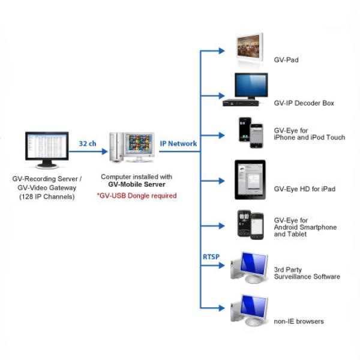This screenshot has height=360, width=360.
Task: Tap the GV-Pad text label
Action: click(x=286, y=60)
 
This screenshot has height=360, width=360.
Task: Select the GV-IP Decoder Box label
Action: click(x=304, y=103)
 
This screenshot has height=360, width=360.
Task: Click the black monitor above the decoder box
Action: click(x=251, y=86)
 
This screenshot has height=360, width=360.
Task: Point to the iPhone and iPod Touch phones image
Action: click(x=251, y=133)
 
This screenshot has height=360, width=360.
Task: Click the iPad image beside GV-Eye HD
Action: click(x=250, y=180)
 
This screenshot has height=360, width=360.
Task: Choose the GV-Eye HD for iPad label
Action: click(x=305, y=189)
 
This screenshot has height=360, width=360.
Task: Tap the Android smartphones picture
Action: click(x=250, y=225)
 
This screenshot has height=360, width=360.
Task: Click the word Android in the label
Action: click(x=286, y=227)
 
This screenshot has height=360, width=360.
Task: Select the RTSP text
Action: click(x=211, y=257)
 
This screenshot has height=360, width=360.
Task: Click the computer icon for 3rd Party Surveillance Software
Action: click(x=249, y=268)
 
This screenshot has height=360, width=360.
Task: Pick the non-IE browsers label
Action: click(x=299, y=321)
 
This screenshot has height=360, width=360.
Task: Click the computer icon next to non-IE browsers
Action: click(x=249, y=310)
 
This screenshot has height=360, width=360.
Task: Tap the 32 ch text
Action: click(x=88, y=143)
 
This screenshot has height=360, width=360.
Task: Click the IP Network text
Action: click(x=178, y=143)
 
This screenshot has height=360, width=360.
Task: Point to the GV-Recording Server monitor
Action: click(x=47, y=150)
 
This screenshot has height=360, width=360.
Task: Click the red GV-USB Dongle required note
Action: click(x=137, y=196)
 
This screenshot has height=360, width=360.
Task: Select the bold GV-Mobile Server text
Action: click(x=137, y=184)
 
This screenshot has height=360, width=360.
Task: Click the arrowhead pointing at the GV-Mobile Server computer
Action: click(x=104, y=151)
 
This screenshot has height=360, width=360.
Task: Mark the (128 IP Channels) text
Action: click(x=47, y=197)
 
